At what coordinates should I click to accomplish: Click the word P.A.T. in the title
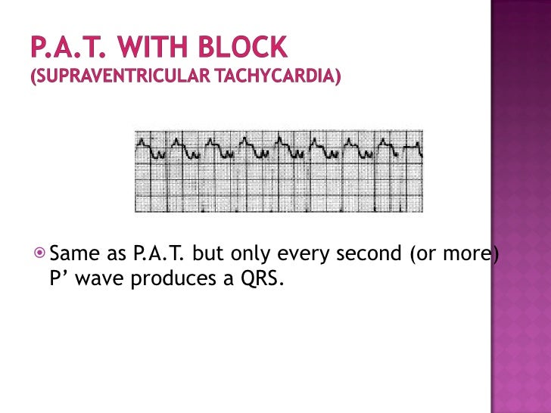tap(64, 48)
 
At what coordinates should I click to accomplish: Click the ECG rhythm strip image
tap(279, 171)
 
